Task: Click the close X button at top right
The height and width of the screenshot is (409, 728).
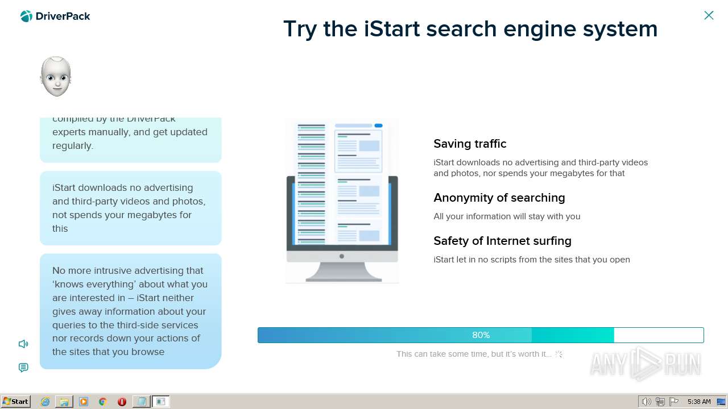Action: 709,15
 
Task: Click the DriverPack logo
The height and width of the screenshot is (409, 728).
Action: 55,16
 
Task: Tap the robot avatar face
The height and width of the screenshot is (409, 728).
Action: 56,76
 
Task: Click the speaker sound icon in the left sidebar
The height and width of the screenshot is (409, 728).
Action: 23,344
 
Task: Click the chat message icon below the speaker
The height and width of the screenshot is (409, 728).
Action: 23,368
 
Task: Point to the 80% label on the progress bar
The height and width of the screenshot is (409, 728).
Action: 481,335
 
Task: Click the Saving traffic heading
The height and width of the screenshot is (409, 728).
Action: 470,144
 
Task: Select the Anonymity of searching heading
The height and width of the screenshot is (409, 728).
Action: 499,198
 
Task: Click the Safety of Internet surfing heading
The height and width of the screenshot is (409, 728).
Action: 502,241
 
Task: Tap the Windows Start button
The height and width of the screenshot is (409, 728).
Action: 16,402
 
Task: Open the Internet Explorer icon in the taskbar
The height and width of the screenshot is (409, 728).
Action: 45,402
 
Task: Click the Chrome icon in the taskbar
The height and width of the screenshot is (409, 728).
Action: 102,402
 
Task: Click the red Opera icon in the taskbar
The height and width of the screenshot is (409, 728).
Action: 122,402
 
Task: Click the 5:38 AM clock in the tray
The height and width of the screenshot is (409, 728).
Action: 698,402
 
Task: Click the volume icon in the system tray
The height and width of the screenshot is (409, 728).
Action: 646,402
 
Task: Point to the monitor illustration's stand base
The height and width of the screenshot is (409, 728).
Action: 343,278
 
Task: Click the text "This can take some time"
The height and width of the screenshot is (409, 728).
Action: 444,354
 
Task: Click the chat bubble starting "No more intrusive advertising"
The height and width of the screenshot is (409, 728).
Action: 130,311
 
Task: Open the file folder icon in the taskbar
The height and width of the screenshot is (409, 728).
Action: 64,402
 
